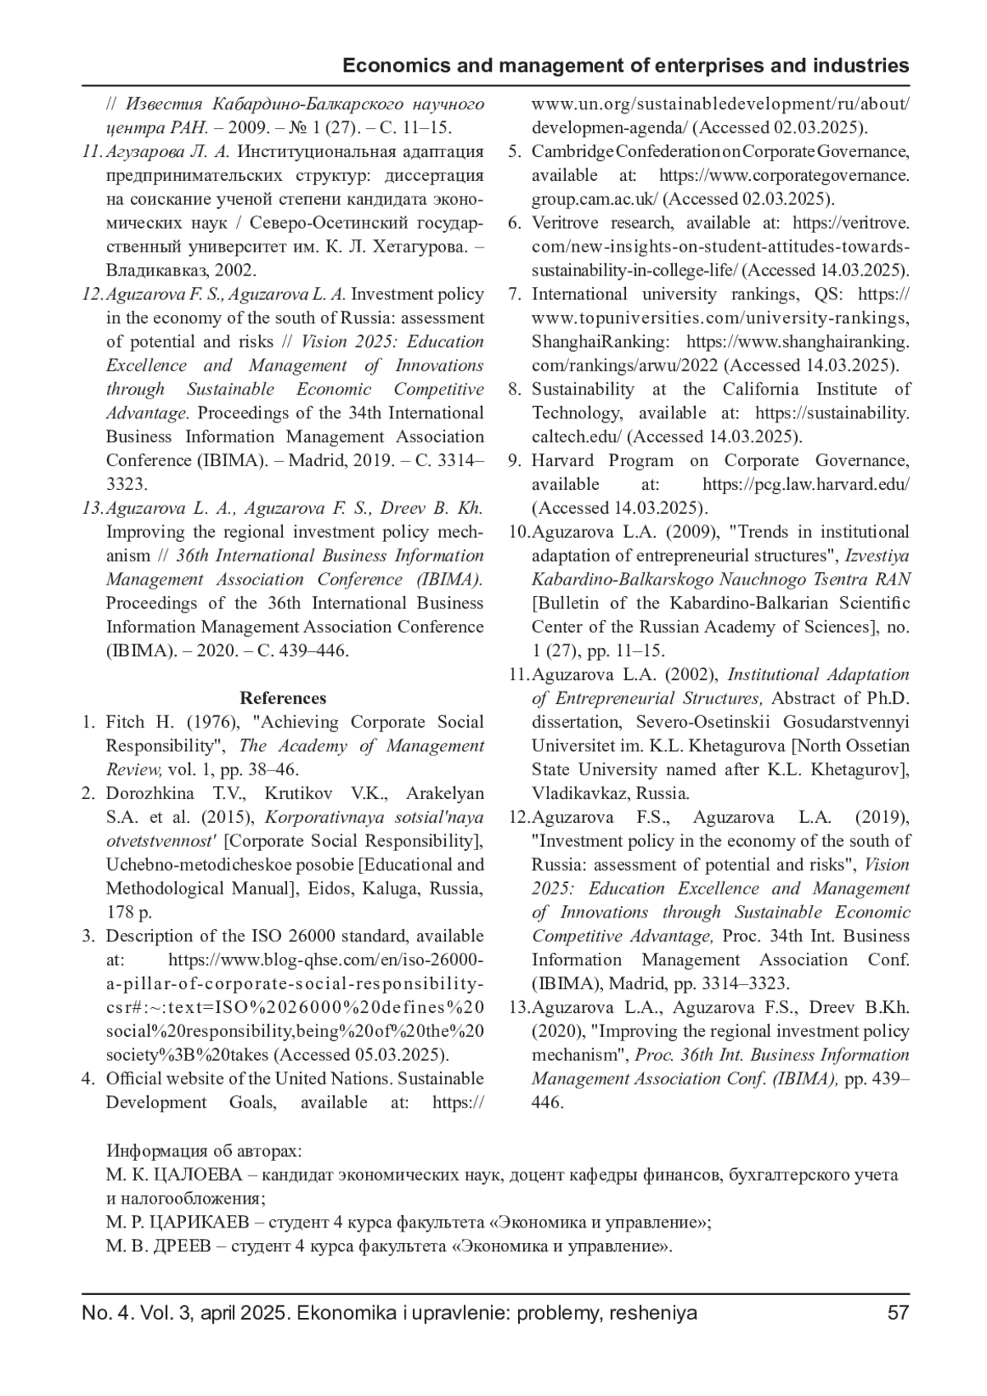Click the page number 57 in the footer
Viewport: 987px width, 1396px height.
pyautogui.click(x=898, y=1313)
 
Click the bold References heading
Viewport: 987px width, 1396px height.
pyautogui.click(x=283, y=698)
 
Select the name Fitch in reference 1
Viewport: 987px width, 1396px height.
pyautogui.click(x=127, y=722)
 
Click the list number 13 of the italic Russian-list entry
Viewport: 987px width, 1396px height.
pyautogui.click(x=92, y=508)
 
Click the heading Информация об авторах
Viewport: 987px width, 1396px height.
pyautogui.click(x=204, y=1151)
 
